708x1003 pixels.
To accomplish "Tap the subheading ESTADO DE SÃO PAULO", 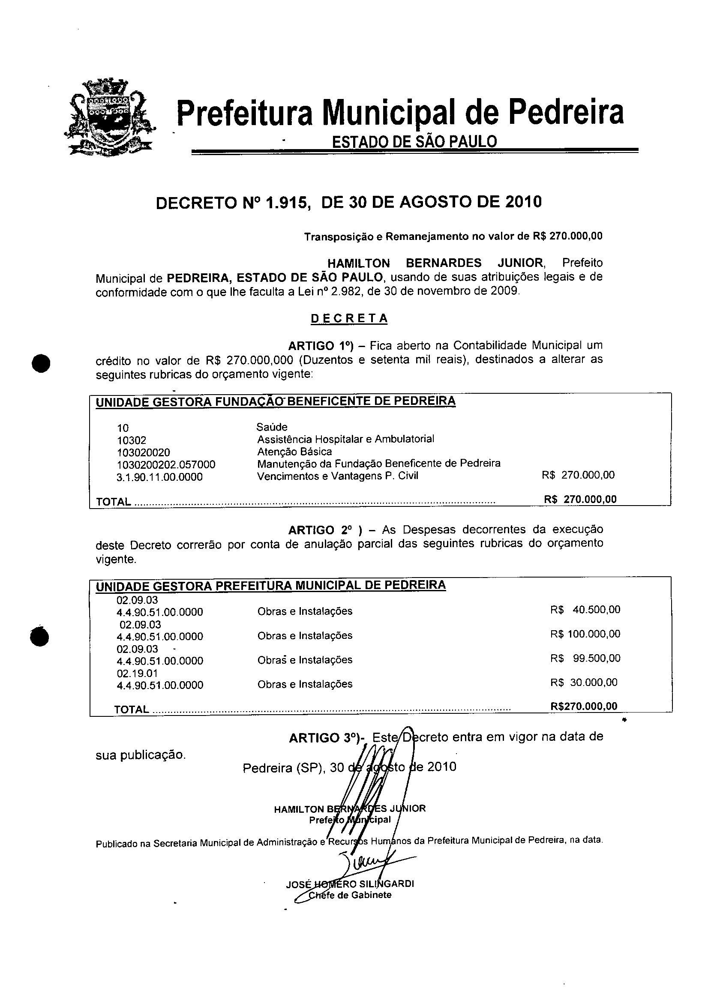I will pos(414,141).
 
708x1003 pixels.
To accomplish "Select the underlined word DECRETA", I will pos(349,318).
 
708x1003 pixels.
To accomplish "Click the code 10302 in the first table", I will pos(132,440).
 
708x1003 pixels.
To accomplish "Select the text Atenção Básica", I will pos(294,451).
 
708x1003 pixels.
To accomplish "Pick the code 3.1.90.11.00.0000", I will pos(159,477).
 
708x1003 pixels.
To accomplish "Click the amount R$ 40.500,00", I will pos(585,609).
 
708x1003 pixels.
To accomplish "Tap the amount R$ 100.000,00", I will pos(585,634).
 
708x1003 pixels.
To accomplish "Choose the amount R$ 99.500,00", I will pos(585,659).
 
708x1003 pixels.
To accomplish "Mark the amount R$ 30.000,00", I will pos(583,683).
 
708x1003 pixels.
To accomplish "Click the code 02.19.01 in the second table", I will pos(137,673).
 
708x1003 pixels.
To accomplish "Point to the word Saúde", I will pos(272,427).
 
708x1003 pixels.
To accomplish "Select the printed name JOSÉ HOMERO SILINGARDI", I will pos(350,884).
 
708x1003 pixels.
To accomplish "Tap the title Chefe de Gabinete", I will pos(350,895).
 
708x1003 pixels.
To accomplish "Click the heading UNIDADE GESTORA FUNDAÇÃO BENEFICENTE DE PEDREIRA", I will pos(275,401).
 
